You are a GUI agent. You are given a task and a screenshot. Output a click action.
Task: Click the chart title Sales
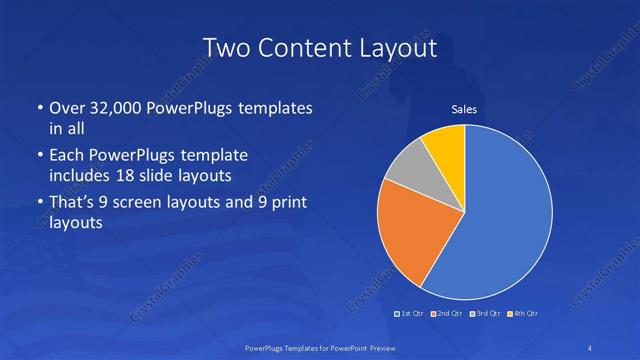[464, 109]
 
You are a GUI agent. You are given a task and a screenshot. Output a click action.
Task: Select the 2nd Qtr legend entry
[446, 314]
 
